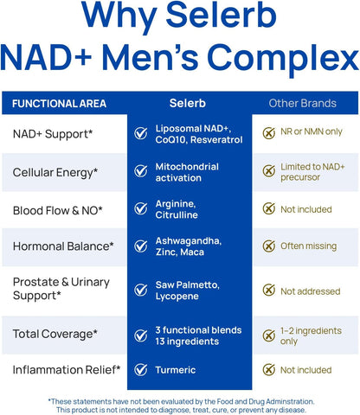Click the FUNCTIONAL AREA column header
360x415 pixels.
(60, 104)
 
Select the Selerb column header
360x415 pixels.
(188, 103)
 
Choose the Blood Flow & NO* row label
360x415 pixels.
(57, 209)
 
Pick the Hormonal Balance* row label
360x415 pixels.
(63, 246)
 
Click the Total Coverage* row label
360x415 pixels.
(55, 333)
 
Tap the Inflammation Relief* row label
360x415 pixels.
(67, 370)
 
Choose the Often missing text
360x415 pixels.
(308, 246)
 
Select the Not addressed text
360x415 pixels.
(310, 291)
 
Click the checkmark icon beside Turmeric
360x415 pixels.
(140, 370)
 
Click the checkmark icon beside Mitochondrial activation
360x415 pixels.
(140, 171)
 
